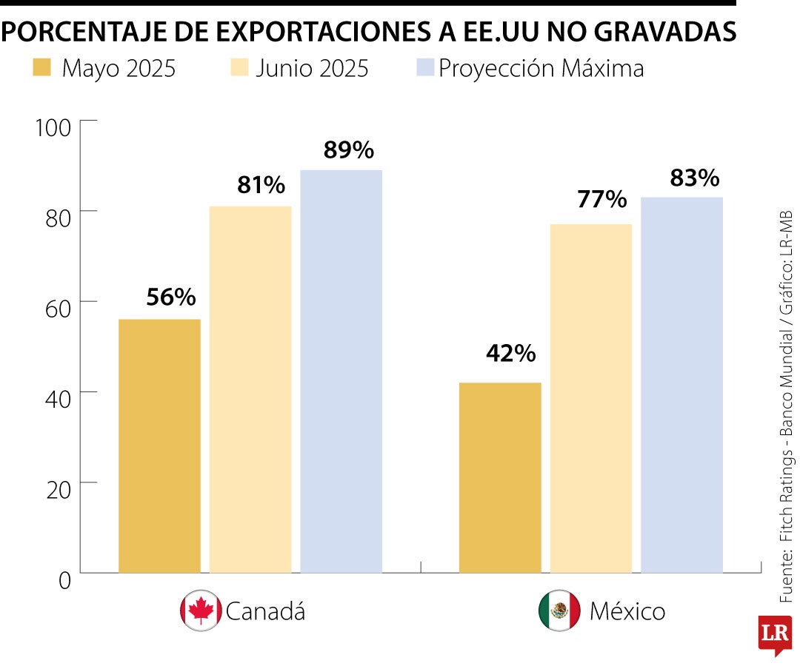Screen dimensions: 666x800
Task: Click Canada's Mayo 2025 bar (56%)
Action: (159, 445)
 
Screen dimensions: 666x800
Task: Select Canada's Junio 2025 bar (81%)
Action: (250, 389)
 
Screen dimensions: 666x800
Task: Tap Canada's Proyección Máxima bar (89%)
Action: (341, 371)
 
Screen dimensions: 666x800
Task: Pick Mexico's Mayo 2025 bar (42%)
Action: (500, 477)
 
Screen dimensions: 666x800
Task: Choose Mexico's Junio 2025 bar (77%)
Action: (591, 398)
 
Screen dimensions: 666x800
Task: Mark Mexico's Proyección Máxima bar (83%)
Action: (681, 385)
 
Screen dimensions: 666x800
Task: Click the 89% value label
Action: (348, 150)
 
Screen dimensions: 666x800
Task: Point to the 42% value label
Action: (510, 354)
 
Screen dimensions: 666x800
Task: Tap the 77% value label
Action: (601, 199)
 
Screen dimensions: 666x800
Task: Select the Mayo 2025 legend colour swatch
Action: (42, 69)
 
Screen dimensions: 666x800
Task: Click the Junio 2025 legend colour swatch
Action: (238, 69)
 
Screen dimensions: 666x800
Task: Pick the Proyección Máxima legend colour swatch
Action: (424, 69)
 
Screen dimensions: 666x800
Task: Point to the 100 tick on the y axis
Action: (53, 127)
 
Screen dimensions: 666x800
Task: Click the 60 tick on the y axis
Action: (53, 308)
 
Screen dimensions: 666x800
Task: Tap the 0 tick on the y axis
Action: (64, 580)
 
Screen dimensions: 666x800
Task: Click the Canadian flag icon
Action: (201, 610)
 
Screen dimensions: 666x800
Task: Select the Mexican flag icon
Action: (559, 610)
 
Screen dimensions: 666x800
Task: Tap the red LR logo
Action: (774, 634)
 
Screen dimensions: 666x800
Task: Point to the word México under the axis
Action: (627, 611)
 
